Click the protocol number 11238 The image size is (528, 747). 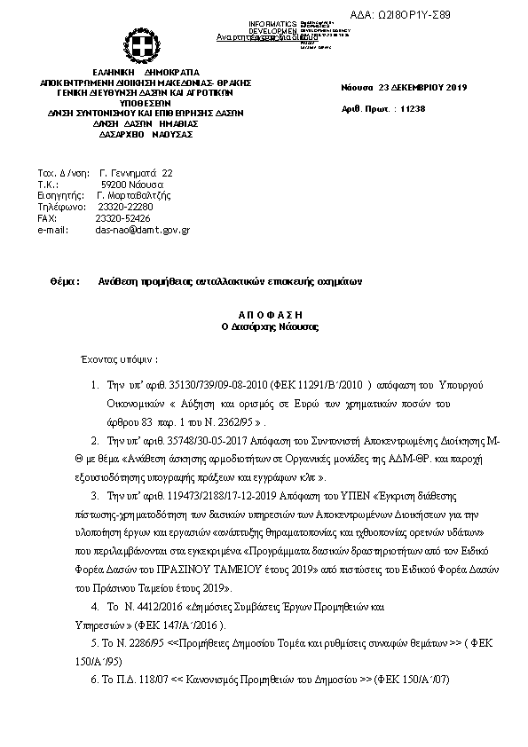[414, 107]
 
